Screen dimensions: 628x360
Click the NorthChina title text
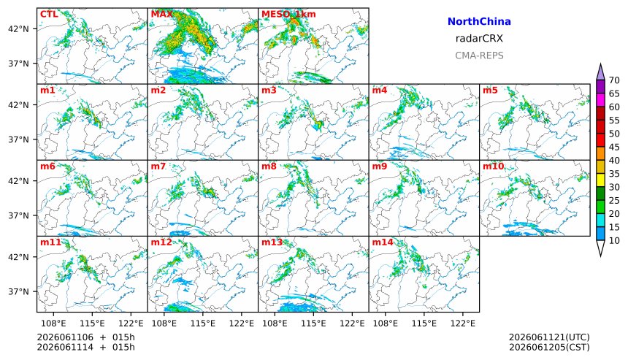pos(479,21)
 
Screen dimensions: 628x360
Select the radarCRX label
pos(479,39)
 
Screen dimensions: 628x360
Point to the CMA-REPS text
pos(479,55)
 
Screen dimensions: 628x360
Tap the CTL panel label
pos(49,15)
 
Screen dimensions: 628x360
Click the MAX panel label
pos(162,15)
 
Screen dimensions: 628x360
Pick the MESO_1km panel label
pos(288,15)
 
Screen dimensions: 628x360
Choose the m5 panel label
pos(490,90)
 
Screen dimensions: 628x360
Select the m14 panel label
pos(383,242)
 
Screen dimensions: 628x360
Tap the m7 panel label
pos(158,166)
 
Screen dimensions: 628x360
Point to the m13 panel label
pos(272,242)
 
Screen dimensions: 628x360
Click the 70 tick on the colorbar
pos(614,80)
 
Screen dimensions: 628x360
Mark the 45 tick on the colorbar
pos(614,148)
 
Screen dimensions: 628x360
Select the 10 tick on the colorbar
pos(614,241)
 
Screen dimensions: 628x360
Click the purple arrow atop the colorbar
pos(600,72)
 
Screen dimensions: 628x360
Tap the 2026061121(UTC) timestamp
pos(549,337)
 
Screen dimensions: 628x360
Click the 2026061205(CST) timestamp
pos(549,347)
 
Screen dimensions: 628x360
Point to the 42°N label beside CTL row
pos(19,28)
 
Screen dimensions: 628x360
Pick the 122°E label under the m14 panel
pos(465,323)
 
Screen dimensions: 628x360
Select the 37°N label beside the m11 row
pos(19,291)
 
